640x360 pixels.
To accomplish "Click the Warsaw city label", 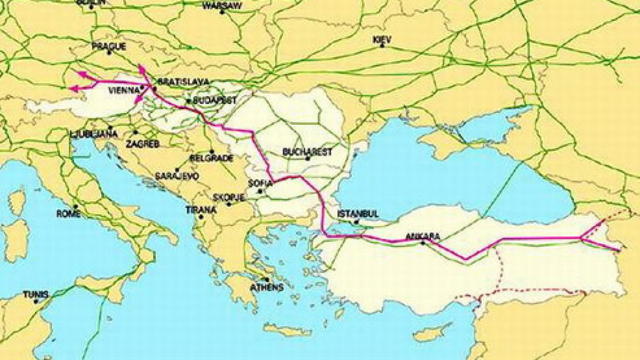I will click(x=222, y=6).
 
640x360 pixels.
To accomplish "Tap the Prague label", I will click(x=109, y=46).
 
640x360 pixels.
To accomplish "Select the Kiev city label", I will click(x=382, y=39).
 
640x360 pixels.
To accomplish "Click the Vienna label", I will click(x=124, y=91).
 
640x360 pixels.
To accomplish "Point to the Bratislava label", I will click(x=179, y=82).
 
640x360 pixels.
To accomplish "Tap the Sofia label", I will click(x=260, y=183).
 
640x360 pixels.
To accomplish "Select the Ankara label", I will click(x=422, y=236).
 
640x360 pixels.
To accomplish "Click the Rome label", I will click(x=68, y=214).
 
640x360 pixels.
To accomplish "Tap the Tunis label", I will click(x=36, y=294).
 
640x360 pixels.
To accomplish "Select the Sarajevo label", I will click(x=177, y=175).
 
